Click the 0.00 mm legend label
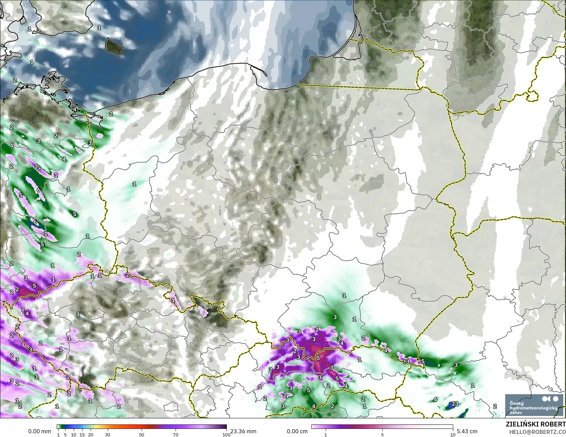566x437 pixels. coord(39,431)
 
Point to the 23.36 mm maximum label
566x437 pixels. coord(243,431)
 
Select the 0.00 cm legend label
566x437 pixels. coord(297,431)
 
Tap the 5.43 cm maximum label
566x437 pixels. coord(467,431)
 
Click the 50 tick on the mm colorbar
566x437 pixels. coord(142,435)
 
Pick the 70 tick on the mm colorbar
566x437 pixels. coord(176,435)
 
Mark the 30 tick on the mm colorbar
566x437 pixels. coord(108,435)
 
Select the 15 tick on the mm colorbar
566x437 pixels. coord(82,435)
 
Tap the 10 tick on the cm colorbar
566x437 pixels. coord(452,435)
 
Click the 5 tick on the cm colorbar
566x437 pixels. coord(382,435)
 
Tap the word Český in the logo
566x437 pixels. coord(516,403)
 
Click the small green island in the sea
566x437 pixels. coord(114,46)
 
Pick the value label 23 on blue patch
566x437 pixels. coord(455,404)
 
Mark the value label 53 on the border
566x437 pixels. coord(406,362)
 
